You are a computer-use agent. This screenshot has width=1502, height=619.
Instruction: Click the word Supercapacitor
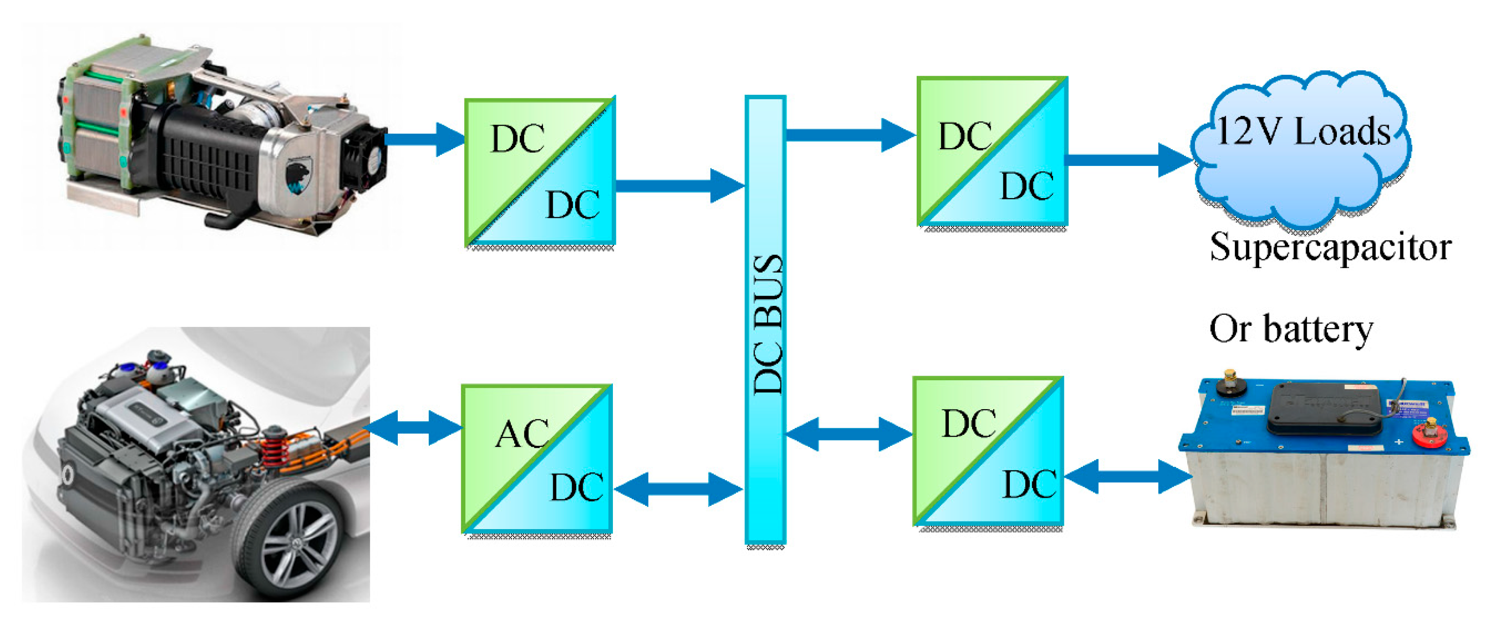pos(1330,247)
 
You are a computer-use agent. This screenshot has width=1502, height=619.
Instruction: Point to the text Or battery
pos(1291,329)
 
